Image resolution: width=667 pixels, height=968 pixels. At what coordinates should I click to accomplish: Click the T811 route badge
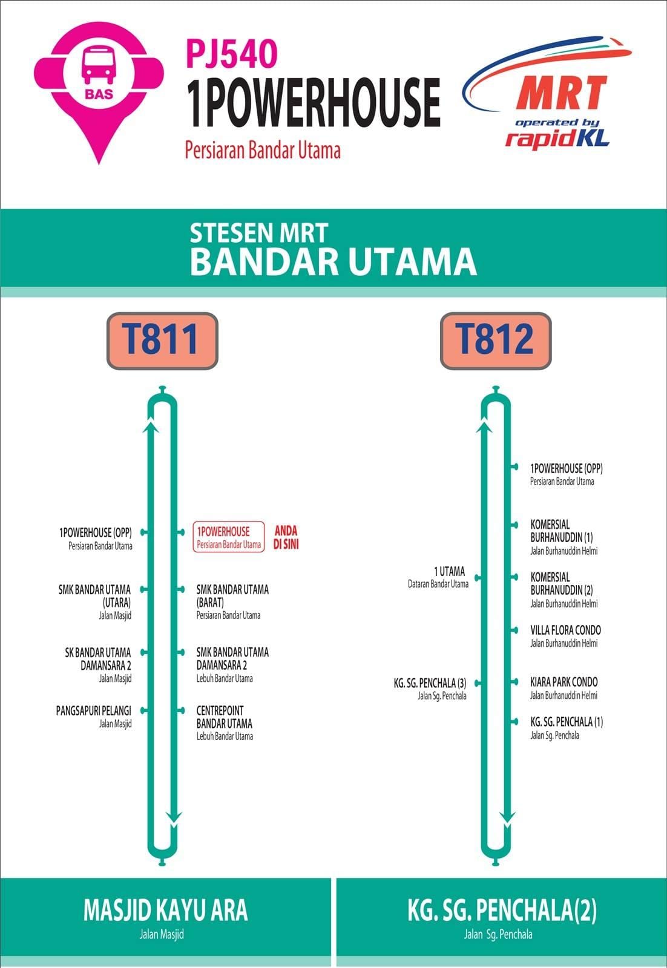tap(162, 341)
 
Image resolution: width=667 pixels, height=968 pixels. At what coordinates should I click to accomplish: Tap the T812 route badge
tap(496, 341)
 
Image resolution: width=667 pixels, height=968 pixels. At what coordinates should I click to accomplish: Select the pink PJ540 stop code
tap(231, 53)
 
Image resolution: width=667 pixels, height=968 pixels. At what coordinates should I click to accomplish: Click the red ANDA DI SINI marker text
tap(286, 537)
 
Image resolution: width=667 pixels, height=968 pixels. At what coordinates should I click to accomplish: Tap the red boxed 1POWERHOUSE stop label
tap(229, 537)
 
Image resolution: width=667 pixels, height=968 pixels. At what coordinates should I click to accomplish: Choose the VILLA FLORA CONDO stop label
tap(565, 636)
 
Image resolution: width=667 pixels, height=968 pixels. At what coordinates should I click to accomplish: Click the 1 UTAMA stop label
tap(438, 577)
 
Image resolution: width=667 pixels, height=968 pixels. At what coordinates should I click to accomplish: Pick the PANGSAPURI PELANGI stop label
tap(94, 717)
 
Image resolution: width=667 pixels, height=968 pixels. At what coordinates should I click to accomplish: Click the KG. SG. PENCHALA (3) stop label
tap(430, 689)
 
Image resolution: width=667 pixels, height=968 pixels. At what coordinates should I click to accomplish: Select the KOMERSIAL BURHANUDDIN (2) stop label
tap(564, 590)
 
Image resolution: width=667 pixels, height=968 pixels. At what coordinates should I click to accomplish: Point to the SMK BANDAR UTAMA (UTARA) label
tap(94, 602)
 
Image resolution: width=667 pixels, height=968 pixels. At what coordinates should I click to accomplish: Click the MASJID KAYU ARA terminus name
tap(166, 909)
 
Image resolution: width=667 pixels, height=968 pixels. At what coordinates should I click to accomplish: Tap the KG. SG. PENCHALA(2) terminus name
tap(502, 910)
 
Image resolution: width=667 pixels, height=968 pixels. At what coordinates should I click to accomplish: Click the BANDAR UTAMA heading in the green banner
tap(333, 261)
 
